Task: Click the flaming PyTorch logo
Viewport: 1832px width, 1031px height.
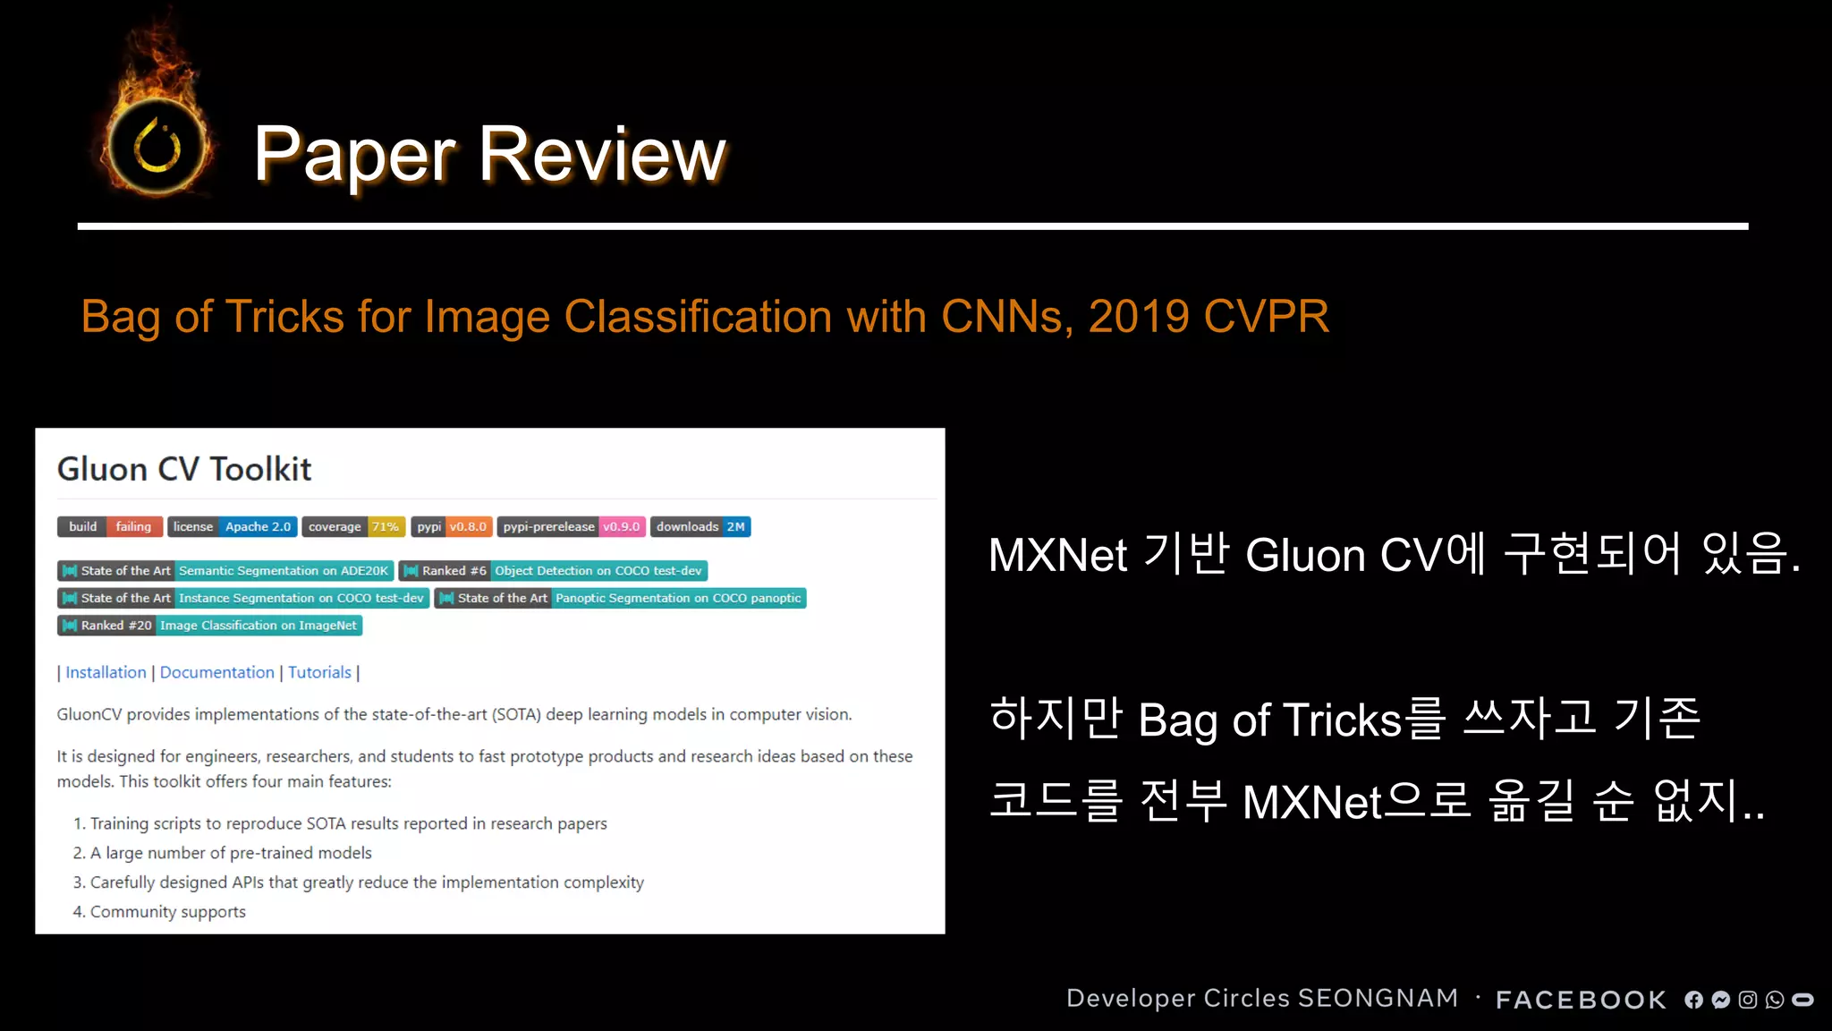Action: coord(157,143)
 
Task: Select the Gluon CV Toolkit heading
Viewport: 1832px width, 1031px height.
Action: coord(184,469)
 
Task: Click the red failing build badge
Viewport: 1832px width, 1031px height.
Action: coord(133,527)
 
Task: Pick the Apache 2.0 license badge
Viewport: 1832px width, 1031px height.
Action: coord(258,527)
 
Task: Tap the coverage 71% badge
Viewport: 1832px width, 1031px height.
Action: coord(353,527)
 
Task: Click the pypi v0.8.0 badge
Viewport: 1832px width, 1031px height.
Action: coord(452,527)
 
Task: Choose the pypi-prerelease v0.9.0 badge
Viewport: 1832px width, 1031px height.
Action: coord(571,527)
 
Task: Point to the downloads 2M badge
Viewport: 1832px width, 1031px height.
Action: coord(700,527)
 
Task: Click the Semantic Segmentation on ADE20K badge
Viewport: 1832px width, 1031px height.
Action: coord(283,571)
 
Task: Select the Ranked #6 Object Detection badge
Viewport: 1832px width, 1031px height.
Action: coord(553,571)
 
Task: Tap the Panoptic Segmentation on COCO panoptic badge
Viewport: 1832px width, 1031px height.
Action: coord(677,598)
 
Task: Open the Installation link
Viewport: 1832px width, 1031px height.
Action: coord(106,672)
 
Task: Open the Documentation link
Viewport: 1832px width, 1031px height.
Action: coord(217,672)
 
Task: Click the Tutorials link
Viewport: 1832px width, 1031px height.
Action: coord(319,672)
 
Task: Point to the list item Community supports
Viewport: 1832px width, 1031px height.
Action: coord(167,912)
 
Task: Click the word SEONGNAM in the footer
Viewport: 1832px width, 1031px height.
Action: coord(1378,998)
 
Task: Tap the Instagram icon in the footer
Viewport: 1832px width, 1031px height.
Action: coord(1748,1000)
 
